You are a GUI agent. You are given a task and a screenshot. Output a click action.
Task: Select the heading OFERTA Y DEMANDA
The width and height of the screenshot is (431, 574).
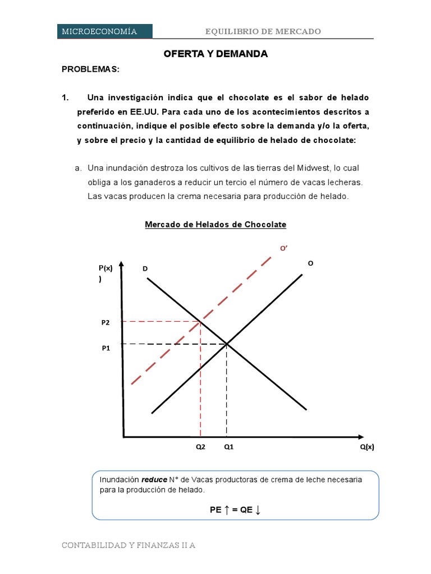click(x=215, y=54)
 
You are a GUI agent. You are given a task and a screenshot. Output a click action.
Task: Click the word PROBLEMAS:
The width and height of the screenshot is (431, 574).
click(x=90, y=70)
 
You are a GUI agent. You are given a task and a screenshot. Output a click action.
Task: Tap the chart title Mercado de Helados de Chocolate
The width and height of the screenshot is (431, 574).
click(x=215, y=225)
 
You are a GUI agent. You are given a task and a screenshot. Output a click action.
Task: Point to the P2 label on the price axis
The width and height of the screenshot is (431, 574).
click(x=106, y=322)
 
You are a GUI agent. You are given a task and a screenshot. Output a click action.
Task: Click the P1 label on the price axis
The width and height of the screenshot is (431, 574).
click(x=106, y=348)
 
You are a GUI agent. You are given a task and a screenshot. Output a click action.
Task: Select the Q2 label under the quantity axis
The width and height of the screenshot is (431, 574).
click(x=200, y=447)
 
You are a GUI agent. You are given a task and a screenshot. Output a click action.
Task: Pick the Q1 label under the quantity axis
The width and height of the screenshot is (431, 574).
click(x=229, y=447)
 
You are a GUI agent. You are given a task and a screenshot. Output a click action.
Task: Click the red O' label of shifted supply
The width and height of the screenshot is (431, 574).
click(x=284, y=248)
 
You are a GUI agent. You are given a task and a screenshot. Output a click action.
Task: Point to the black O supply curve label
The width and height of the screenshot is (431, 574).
click(x=310, y=262)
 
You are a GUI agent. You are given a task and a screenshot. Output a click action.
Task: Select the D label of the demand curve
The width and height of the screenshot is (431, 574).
click(x=145, y=270)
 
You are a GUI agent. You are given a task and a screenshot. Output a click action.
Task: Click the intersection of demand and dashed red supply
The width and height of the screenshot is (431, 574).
click(x=200, y=321)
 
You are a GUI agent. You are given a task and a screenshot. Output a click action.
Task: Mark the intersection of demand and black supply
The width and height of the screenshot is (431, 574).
click(x=227, y=344)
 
